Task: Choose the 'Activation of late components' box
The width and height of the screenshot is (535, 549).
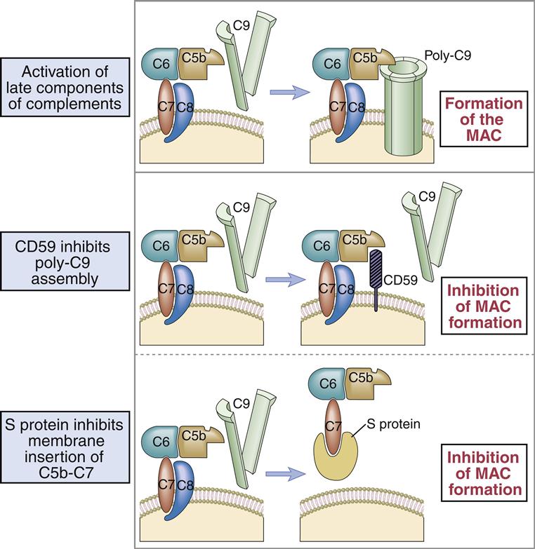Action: point(63,90)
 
